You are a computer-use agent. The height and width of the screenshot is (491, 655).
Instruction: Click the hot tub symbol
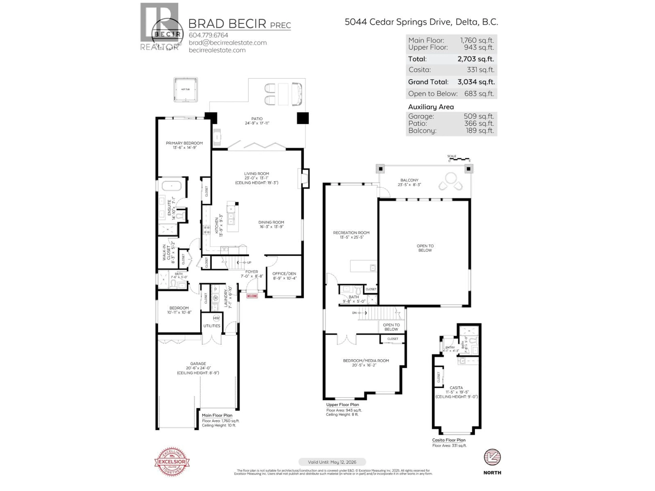point(186,90)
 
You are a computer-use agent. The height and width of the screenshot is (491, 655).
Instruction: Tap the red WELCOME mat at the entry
point(252,296)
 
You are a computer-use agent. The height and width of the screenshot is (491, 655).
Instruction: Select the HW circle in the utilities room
point(216,318)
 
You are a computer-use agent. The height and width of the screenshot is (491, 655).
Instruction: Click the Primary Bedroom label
point(184,145)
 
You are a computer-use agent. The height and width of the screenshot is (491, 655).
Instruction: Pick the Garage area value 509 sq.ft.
point(479,116)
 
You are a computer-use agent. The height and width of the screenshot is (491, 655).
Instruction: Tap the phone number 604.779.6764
point(208,35)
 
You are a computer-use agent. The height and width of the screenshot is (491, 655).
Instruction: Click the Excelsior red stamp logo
point(172,461)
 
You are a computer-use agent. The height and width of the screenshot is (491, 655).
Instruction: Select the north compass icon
point(492,457)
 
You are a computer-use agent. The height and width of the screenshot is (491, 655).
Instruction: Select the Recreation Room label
point(351,235)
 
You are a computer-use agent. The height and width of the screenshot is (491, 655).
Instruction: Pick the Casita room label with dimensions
point(456,392)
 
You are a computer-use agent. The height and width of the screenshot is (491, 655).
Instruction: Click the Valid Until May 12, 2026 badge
point(332,462)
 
